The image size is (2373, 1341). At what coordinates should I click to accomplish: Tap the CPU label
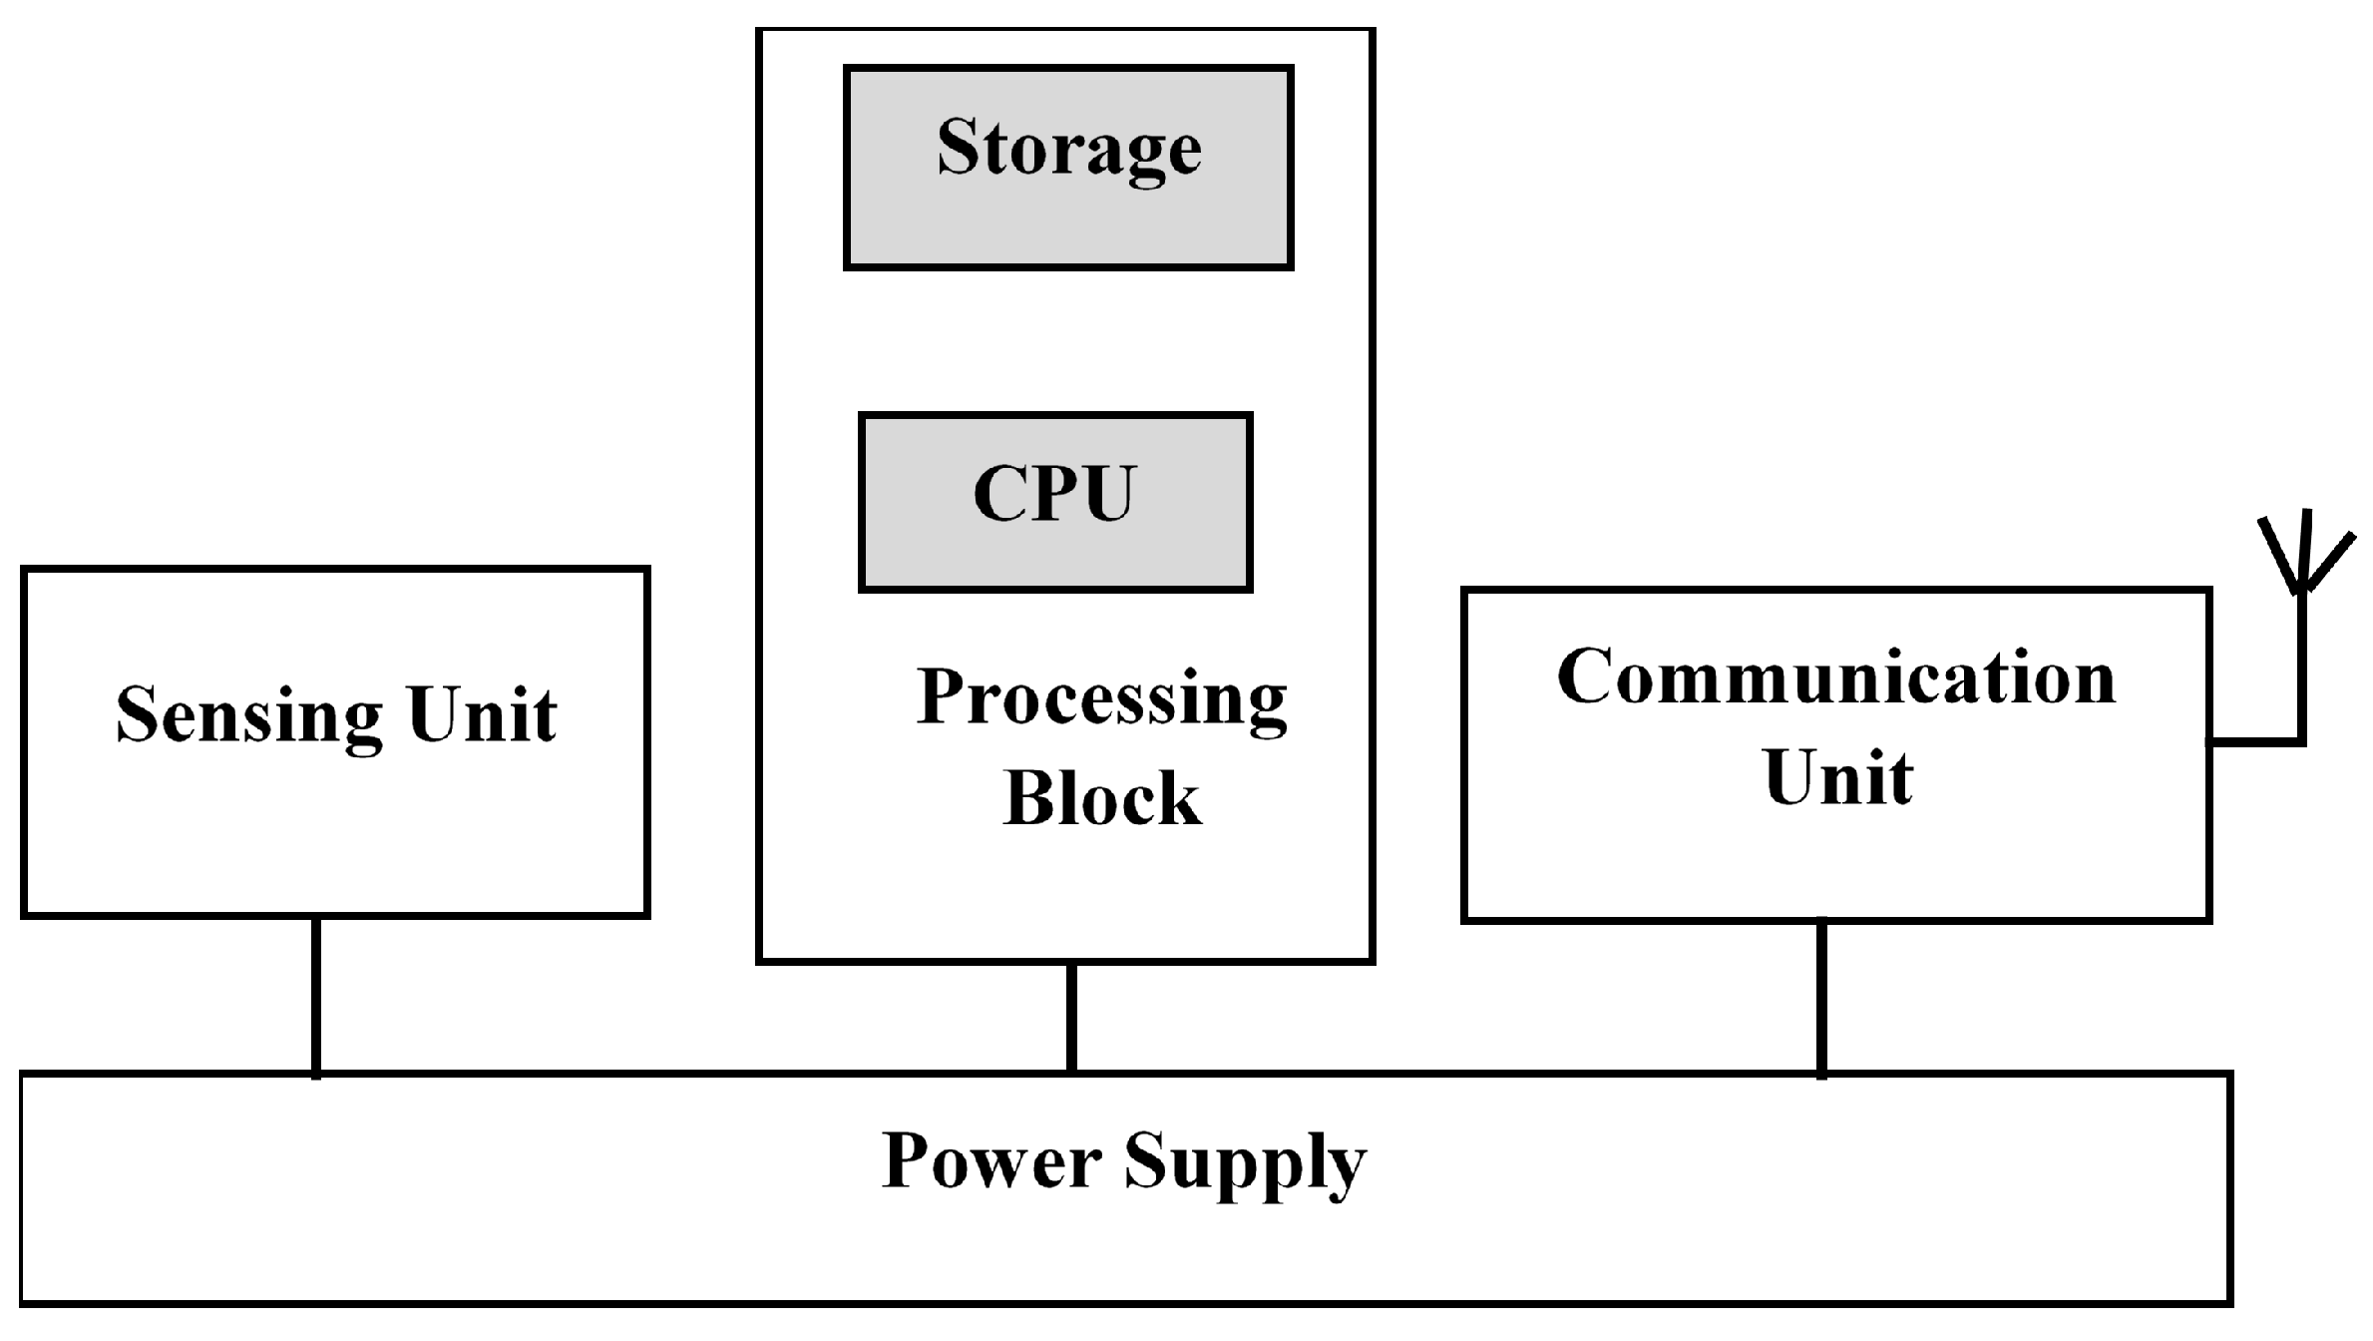(1053, 493)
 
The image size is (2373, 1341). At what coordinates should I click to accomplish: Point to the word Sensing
(249, 715)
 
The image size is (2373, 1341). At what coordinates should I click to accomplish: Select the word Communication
(1836, 677)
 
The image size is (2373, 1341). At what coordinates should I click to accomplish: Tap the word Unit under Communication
(1837, 777)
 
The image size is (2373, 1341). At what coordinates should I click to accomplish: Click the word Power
(991, 1161)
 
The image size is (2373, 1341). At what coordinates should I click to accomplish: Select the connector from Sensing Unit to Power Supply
(315, 996)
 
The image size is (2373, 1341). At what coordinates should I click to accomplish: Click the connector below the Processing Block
(1071, 1018)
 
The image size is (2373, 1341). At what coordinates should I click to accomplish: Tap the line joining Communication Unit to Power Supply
(1821, 998)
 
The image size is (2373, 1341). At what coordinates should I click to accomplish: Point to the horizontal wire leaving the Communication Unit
(2254, 741)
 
